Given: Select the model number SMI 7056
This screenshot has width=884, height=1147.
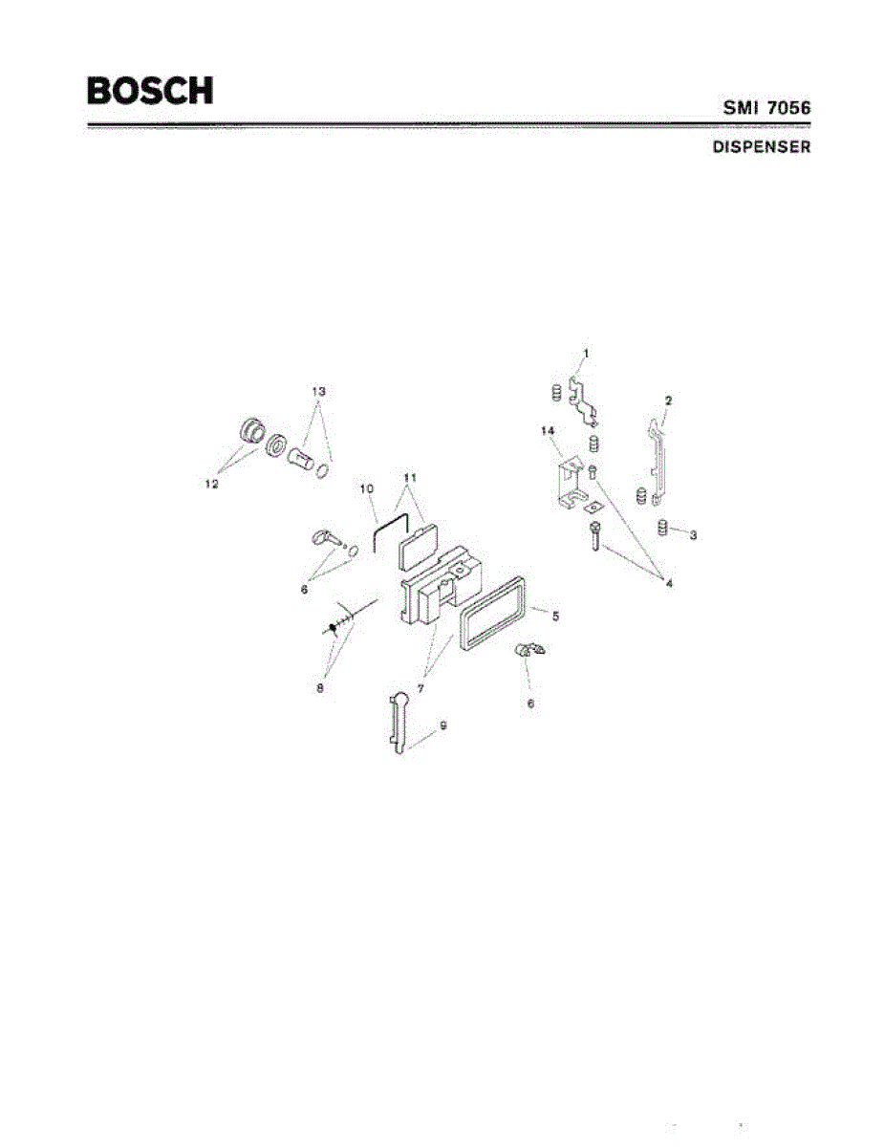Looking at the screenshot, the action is [765, 109].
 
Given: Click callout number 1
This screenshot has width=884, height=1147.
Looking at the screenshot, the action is [586, 354].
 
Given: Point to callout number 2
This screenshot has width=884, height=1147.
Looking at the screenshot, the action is [668, 400].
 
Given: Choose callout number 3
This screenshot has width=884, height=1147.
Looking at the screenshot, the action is [693, 535].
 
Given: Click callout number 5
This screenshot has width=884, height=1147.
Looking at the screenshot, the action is [555, 617].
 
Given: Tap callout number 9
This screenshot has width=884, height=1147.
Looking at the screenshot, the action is [442, 726].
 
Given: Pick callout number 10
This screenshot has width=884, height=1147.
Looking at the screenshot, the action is [365, 488].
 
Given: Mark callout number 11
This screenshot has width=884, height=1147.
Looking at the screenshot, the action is [410, 476].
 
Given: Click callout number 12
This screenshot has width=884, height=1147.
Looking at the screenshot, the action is [211, 484].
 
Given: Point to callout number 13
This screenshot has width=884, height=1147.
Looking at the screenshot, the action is [318, 391].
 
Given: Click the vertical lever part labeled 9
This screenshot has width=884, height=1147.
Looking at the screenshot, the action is [399, 725].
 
